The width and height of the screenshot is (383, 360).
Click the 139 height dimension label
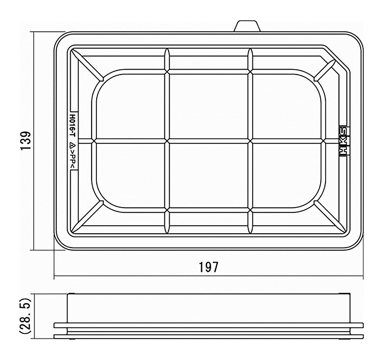(x=26, y=141)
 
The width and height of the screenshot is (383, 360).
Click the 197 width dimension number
(x=208, y=267)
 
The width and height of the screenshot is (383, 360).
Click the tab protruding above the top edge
(x=247, y=26)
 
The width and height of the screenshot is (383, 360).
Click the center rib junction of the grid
(x=167, y=141)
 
